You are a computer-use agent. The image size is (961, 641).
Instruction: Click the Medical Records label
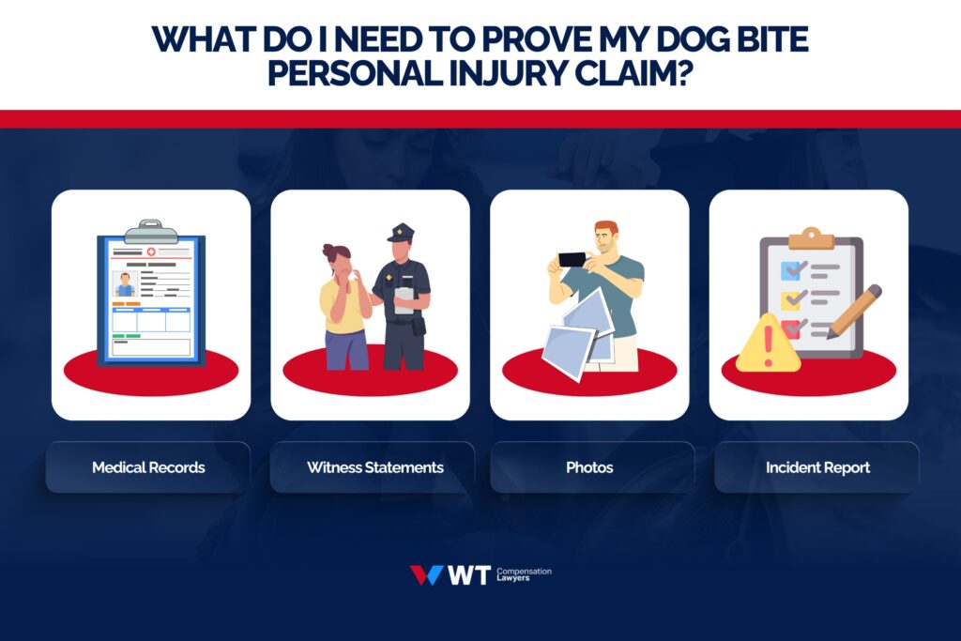tap(148, 467)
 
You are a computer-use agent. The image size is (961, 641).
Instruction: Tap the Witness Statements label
tap(375, 467)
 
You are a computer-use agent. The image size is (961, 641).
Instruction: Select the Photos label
tap(589, 467)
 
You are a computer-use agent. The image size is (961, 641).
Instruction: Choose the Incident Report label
tap(817, 467)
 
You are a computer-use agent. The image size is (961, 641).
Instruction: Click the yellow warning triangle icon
tap(768, 345)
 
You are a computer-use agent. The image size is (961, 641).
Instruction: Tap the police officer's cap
tap(401, 232)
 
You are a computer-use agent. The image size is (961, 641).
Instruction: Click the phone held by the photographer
tap(572, 258)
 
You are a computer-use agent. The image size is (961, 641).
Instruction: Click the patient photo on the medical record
tap(125, 284)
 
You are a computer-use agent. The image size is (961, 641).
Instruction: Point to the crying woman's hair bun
tap(329, 250)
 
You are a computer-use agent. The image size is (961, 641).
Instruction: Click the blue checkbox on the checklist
tap(791, 270)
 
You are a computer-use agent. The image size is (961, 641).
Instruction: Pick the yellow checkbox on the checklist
tap(791, 299)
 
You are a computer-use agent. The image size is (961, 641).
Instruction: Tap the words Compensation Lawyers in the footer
tap(524, 575)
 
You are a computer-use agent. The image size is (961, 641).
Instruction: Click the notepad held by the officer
tap(404, 299)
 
